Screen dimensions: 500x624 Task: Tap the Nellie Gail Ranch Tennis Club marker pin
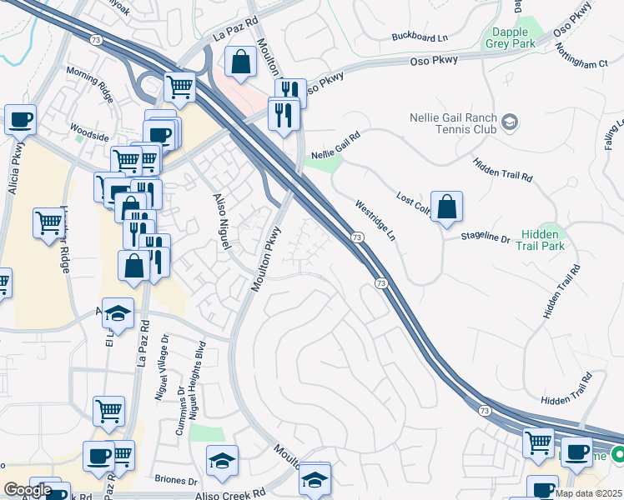508,124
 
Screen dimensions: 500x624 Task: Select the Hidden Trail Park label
542,240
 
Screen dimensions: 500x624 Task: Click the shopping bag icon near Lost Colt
447,207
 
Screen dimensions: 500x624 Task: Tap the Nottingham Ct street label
585,63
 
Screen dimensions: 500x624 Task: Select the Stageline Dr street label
486,237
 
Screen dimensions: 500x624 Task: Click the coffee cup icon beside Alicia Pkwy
20,118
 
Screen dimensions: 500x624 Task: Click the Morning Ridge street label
90,85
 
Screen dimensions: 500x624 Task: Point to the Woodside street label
89,132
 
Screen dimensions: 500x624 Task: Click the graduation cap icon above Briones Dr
223,460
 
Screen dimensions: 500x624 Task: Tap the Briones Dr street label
176,481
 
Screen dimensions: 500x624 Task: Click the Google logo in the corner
28,490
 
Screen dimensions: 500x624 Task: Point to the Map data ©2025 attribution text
588,493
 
